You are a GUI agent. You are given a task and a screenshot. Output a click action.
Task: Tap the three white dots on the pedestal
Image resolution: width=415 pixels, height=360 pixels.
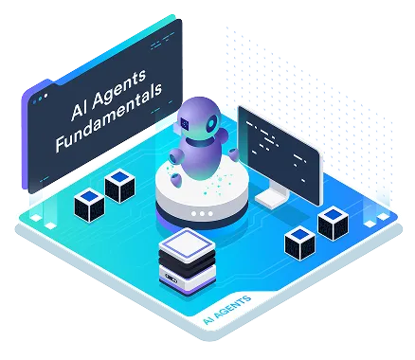click(201, 214)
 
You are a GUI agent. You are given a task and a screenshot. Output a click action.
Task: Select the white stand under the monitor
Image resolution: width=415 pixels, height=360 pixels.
click(275, 198)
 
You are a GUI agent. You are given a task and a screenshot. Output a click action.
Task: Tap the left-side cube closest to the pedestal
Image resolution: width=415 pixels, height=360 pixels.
click(120, 185)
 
